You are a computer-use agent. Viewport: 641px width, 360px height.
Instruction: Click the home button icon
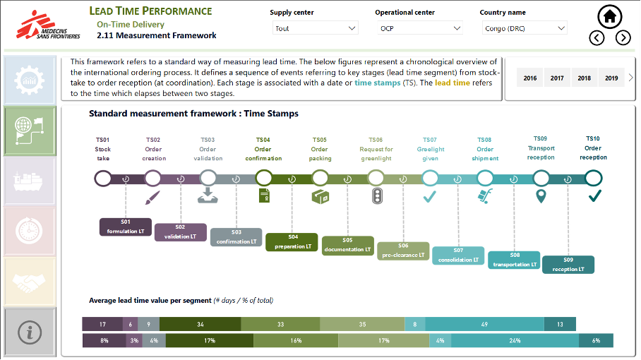click(x=610, y=16)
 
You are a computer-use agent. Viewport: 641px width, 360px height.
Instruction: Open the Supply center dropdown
click(x=316, y=28)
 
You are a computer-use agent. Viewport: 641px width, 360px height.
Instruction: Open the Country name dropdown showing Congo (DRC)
click(x=525, y=28)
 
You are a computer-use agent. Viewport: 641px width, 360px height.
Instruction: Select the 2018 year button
click(x=584, y=78)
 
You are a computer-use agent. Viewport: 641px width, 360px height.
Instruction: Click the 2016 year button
click(x=530, y=78)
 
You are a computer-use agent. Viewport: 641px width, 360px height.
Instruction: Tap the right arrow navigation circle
click(x=623, y=38)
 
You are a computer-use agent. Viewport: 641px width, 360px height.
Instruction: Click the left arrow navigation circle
click(x=597, y=38)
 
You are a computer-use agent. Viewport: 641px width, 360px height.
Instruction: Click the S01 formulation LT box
click(x=126, y=227)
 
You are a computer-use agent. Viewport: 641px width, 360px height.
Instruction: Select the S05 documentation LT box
click(x=348, y=245)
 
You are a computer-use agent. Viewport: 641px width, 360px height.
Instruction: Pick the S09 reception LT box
click(x=568, y=264)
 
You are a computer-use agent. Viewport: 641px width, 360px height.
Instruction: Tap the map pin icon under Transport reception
click(x=541, y=196)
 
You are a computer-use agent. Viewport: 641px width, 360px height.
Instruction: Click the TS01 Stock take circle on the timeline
click(x=103, y=178)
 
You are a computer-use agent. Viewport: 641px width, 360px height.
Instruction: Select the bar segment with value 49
click(x=484, y=324)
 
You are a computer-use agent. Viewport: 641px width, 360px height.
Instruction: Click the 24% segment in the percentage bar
click(x=515, y=340)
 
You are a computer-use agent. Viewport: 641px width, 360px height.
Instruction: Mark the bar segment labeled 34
click(x=200, y=324)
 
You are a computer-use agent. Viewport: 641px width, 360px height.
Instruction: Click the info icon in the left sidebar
click(x=29, y=332)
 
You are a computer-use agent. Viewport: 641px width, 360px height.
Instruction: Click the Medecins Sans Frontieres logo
click(x=47, y=25)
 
